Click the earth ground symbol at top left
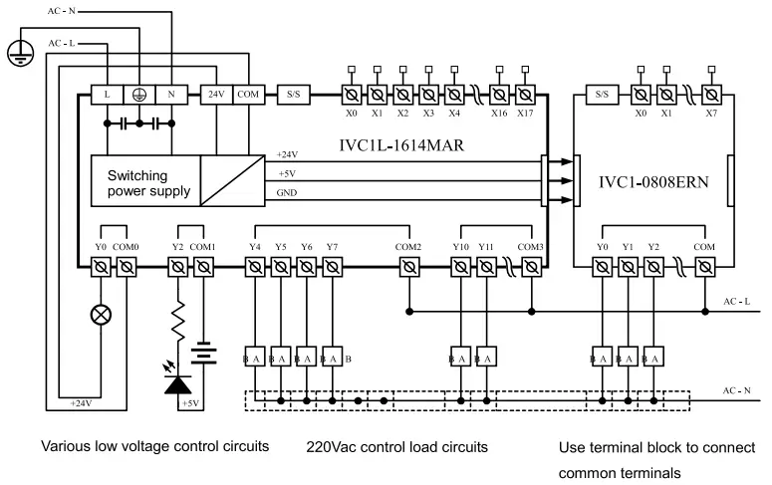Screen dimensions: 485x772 coord(16,55)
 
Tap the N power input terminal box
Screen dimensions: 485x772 coord(172,94)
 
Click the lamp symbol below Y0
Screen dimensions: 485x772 coord(101,315)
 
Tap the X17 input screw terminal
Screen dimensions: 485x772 coord(525,94)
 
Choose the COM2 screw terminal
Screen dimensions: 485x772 coord(407,267)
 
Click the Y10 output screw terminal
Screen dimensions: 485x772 coord(460,267)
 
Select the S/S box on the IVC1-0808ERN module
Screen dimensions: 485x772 coord(602,94)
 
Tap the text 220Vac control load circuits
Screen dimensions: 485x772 coord(396,446)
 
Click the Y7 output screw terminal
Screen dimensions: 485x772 coord(332,267)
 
